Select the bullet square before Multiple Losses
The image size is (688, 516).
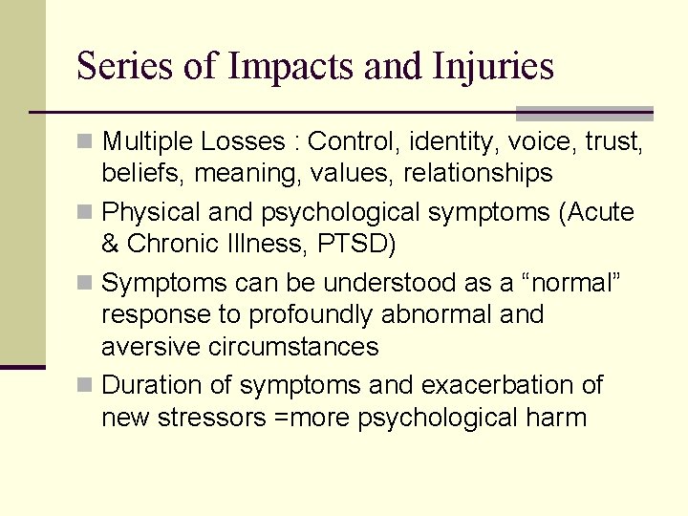(87, 142)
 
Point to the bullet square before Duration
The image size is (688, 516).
(87, 385)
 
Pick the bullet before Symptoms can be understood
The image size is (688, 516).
(87, 284)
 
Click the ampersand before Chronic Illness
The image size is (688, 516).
(111, 244)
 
